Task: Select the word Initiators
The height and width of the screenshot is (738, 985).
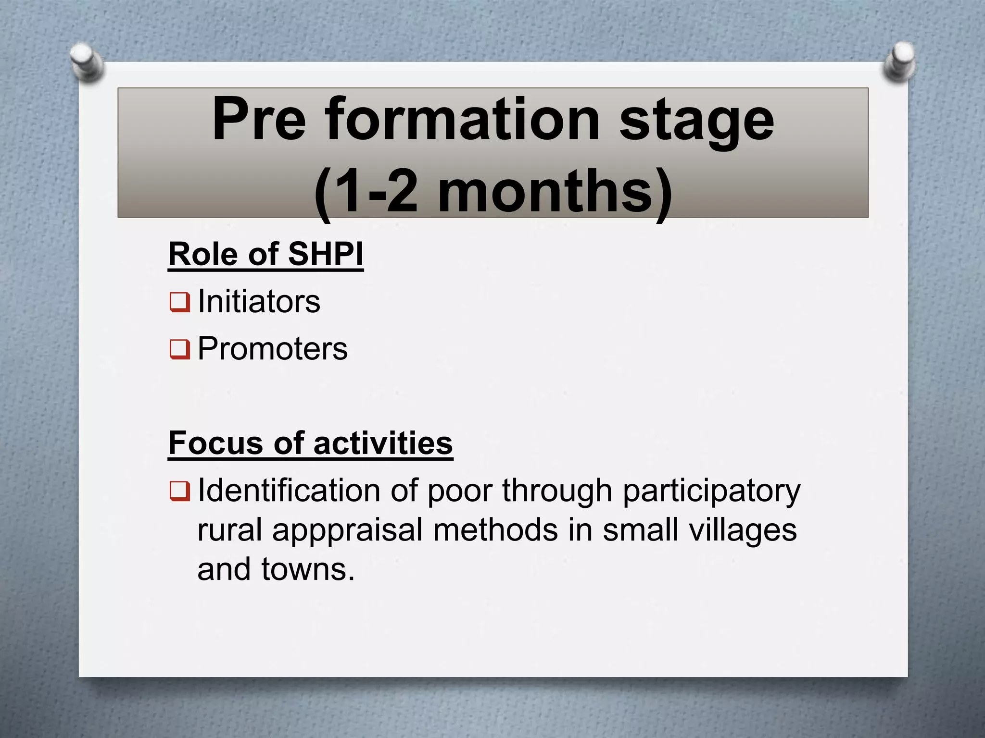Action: [x=259, y=302]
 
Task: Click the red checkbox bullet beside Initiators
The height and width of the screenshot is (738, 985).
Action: [x=179, y=302]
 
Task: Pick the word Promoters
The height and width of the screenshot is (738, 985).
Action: [x=272, y=348]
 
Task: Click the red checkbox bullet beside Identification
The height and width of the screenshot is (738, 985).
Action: [x=179, y=491]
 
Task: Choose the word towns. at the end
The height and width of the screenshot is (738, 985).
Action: [x=308, y=570]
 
